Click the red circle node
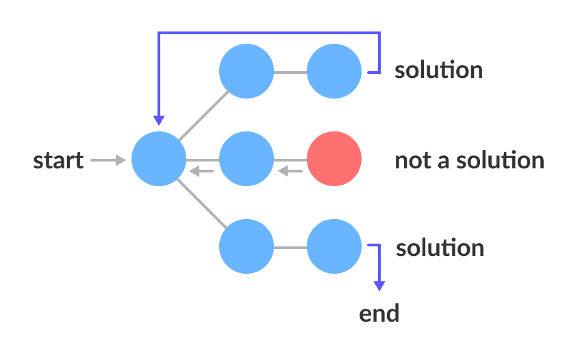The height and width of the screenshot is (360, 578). coord(334,159)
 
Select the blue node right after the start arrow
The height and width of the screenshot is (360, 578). coord(159,159)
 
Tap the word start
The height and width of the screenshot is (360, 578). coord(58,161)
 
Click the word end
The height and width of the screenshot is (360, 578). coord(379,314)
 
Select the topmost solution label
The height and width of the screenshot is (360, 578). coord(438,70)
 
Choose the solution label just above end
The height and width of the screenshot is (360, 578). coord(440,248)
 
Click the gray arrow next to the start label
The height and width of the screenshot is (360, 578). coord(108,160)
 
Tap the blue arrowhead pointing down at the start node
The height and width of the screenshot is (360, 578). coord(159,120)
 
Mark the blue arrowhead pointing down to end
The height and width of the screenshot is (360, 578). coord(379,285)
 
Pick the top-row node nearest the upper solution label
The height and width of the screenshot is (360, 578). coord(334,71)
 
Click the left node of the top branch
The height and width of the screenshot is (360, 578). coord(247,71)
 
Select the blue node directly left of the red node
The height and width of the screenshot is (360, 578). coord(247,159)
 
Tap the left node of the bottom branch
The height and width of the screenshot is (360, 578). coord(247,246)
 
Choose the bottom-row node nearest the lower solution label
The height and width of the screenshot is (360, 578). coord(334,246)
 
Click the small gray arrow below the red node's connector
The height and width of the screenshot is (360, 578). coord(290,171)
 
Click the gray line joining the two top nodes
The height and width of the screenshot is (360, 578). coord(290,71)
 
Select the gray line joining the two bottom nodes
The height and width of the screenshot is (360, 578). coord(290,246)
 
